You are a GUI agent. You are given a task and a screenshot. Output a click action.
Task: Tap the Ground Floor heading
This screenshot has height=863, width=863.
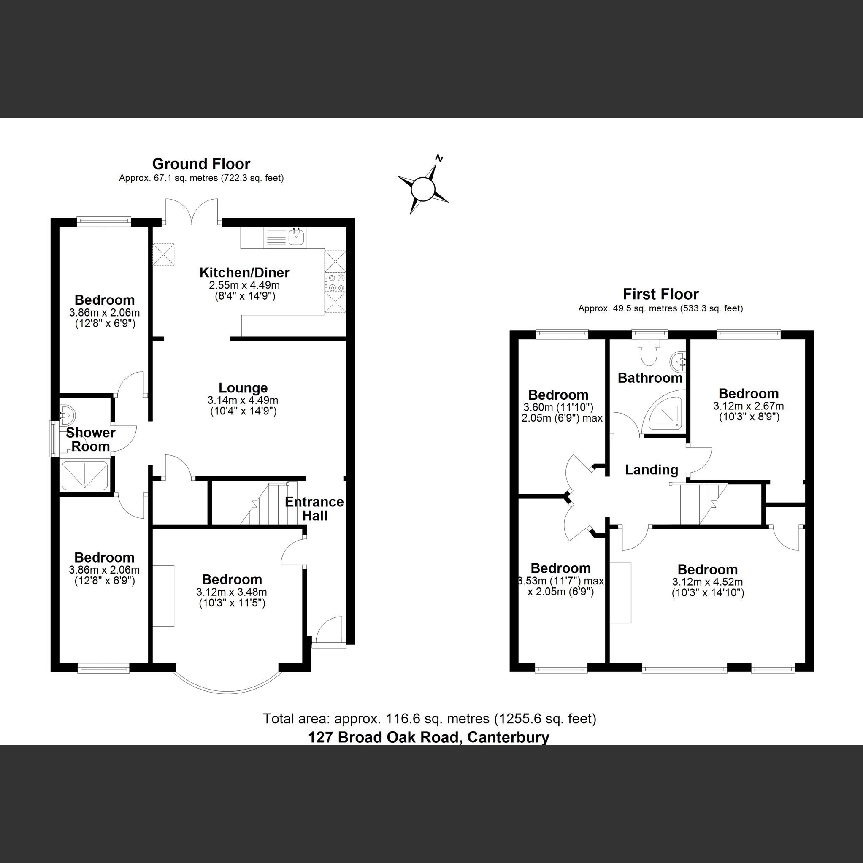[x=201, y=164]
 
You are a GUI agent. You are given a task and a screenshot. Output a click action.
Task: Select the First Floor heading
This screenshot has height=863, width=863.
[x=661, y=295]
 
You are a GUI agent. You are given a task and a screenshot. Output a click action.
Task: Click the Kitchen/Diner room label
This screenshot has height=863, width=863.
[x=244, y=273]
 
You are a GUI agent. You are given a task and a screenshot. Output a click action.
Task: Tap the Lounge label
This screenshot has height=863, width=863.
[x=243, y=388]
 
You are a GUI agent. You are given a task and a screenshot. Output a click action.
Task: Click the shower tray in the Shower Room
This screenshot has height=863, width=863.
[x=85, y=475]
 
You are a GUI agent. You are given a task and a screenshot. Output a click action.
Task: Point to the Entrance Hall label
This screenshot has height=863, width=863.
[x=314, y=509]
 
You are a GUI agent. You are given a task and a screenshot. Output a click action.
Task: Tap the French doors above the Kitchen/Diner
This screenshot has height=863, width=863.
[x=192, y=212]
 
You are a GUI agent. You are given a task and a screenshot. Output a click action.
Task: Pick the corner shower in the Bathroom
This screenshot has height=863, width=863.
[x=664, y=413]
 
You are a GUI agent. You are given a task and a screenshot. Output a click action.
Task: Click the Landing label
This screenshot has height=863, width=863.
[x=651, y=470]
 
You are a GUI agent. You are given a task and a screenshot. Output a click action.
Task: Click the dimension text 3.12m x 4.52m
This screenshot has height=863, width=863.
[x=708, y=582]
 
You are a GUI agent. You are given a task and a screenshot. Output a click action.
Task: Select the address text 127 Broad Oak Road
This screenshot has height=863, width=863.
[x=428, y=736]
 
